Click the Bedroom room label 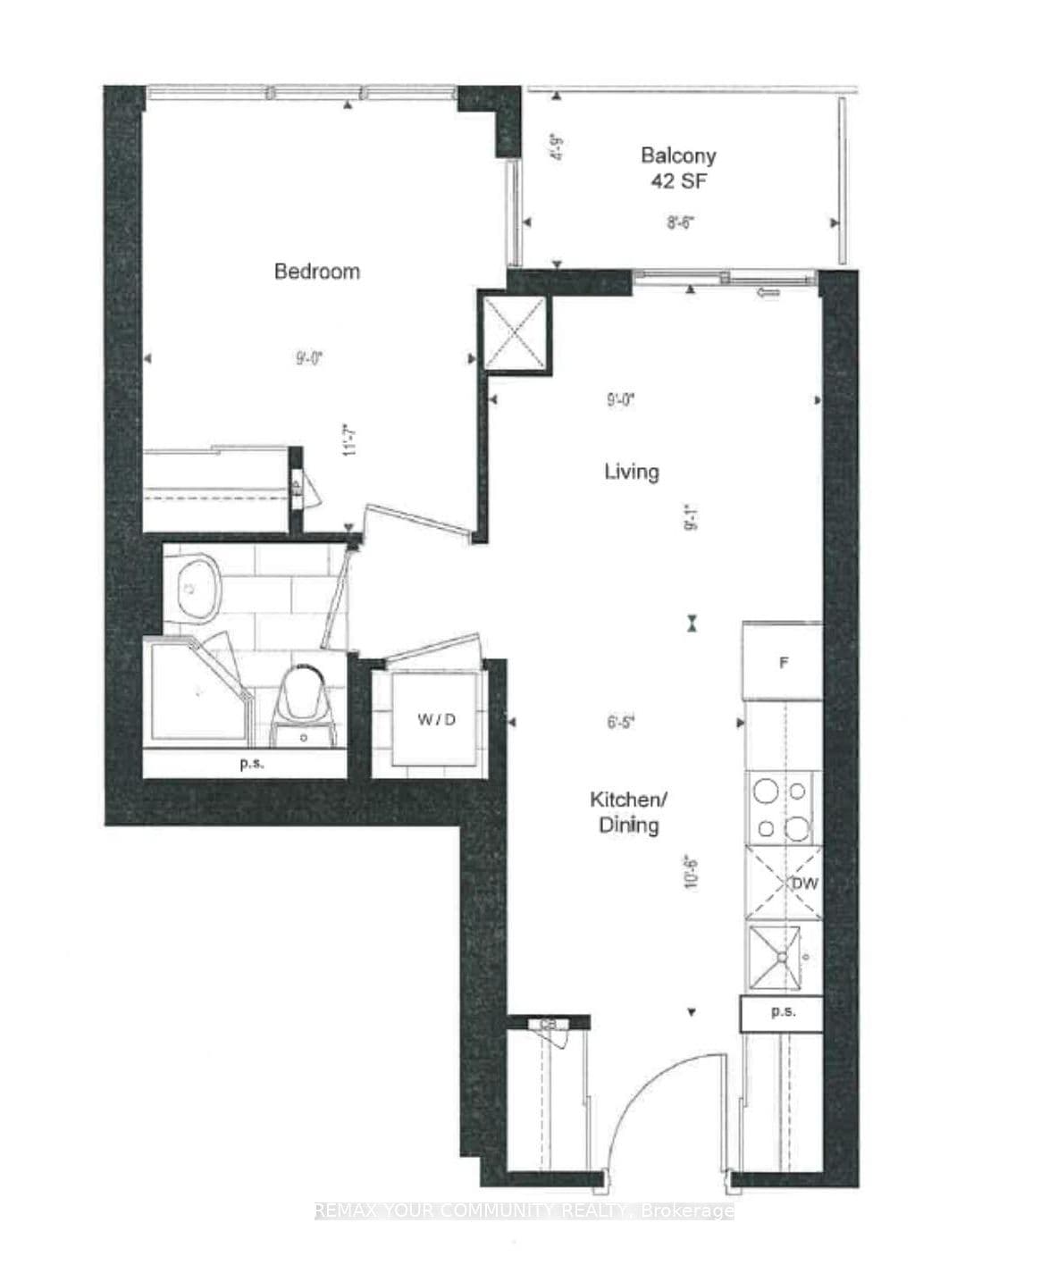click(x=317, y=272)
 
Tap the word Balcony click(x=678, y=155)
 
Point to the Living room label click(x=632, y=472)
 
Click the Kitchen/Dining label click(x=628, y=811)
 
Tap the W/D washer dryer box click(x=436, y=719)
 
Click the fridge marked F click(x=783, y=663)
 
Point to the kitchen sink click(x=784, y=957)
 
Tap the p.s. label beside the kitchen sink click(x=783, y=1012)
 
